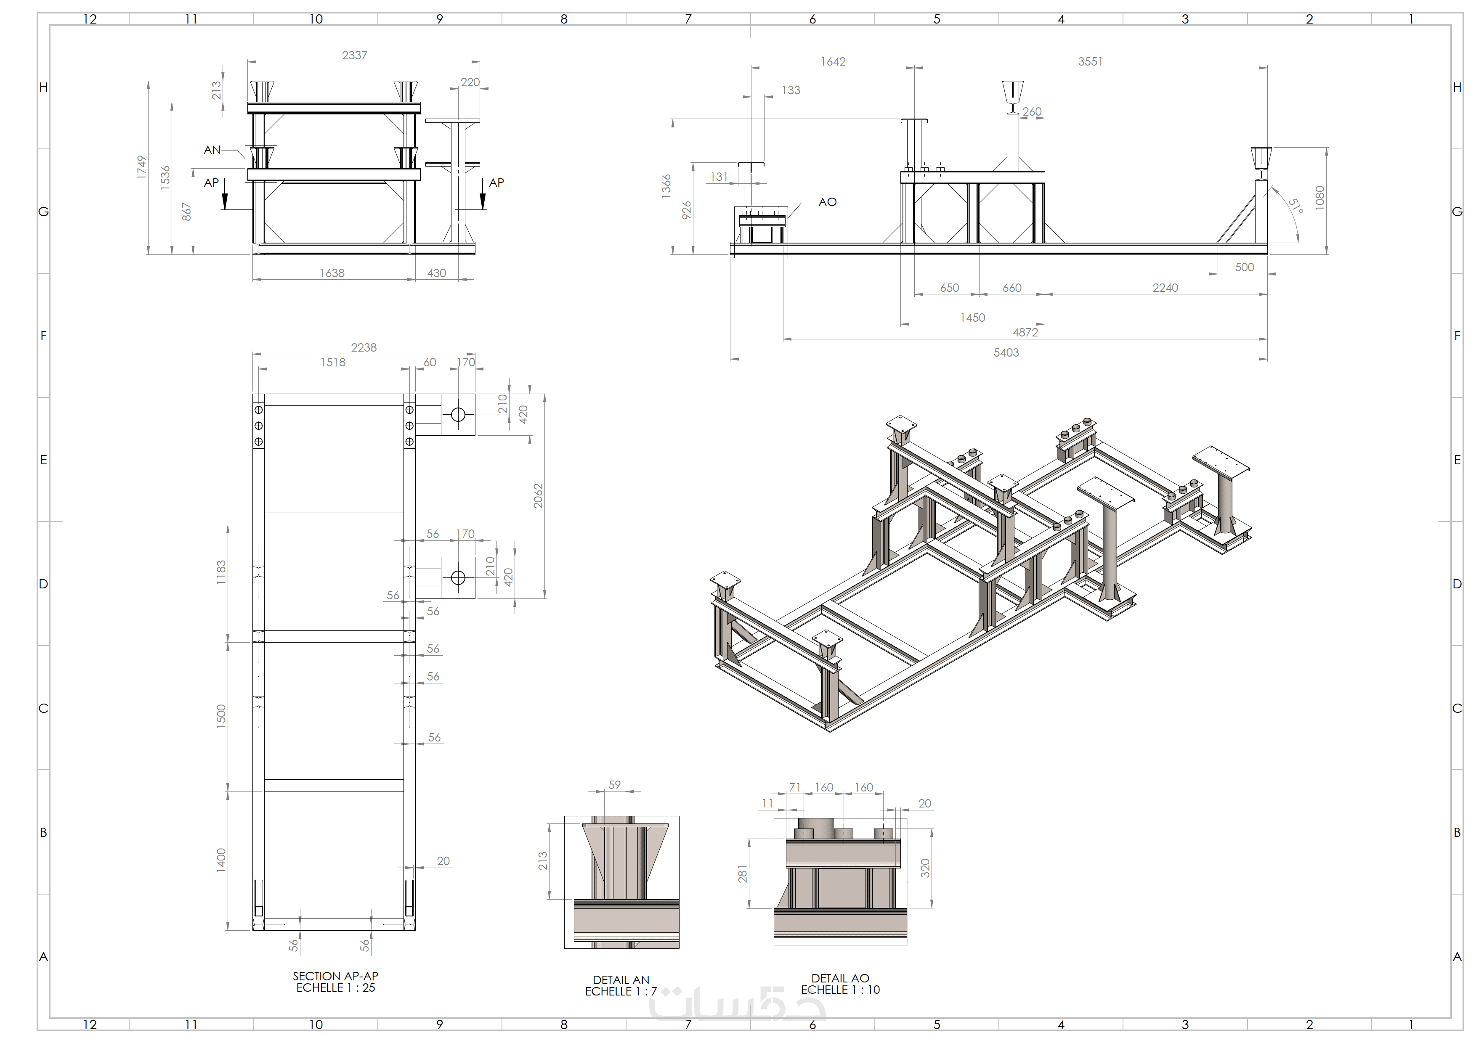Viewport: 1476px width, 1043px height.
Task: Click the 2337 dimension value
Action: pyautogui.click(x=354, y=55)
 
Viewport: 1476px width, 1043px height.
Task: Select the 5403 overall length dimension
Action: pyautogui.click(x=1006, y=352)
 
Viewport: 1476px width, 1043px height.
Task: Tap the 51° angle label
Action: pyautogui.click(x=1295, y=206)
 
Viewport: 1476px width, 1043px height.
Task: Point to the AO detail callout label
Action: pyautogui.click(x=827, y=202)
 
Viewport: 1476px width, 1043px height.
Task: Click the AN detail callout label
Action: pyautogui.click(x=212, y=150)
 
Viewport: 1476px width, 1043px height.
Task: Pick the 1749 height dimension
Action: pyautogui.click(x=141, y=167)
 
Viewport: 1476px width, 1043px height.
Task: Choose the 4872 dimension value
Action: pyautogui.click(x=1025, y=332)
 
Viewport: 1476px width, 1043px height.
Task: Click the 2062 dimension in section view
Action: pyautogui.click(x=538, y=496)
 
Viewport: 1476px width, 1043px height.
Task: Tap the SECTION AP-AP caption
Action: pyautogui.click(x=336, y=976)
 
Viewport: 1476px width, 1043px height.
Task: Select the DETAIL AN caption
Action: pyautogui.click(x=621, y=980)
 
